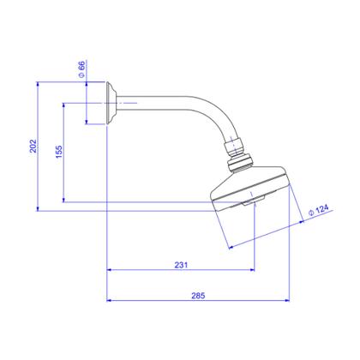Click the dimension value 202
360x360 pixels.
click(x=33, y=146)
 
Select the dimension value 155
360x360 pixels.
click(x=58, y=152)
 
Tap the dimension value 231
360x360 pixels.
click(x=181, y=265)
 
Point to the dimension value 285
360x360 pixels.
click(x=198, y=296)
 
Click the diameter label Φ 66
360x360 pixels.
click(x=81, y=69)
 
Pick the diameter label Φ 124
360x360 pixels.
click(x=319, y=210)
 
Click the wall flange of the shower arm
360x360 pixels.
click(x=111, y=103)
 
